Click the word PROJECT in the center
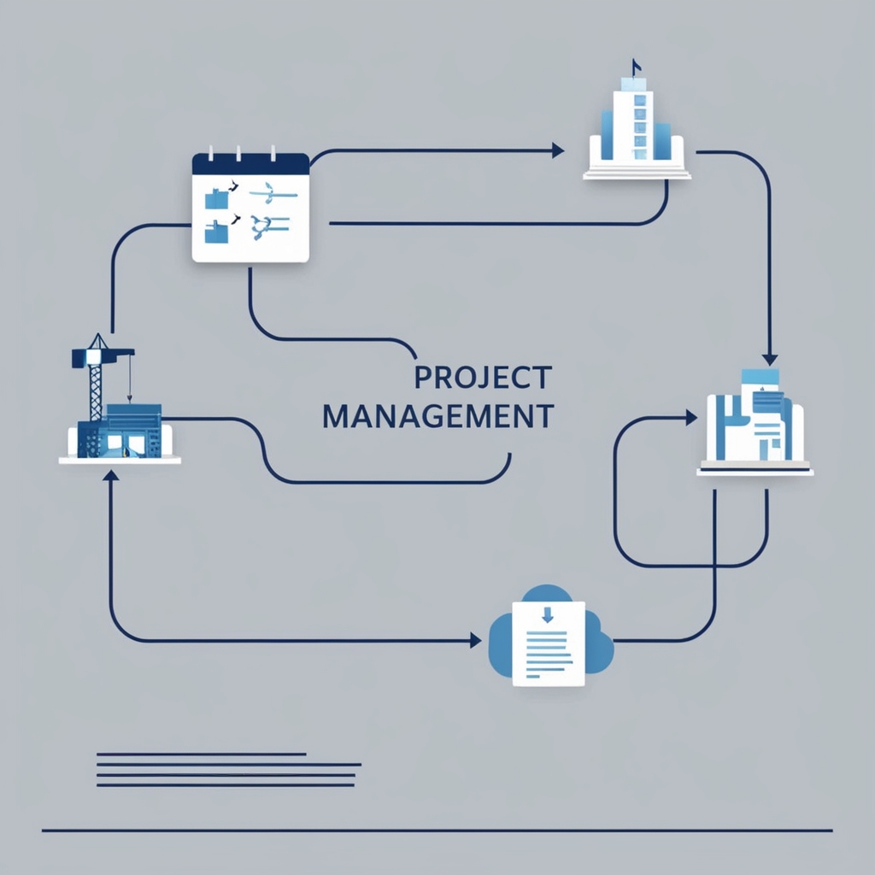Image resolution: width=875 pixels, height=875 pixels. [482, 377]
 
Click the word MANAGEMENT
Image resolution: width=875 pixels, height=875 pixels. [438, 417]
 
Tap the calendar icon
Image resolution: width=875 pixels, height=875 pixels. [250, 208]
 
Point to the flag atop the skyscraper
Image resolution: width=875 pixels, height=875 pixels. [635, 65]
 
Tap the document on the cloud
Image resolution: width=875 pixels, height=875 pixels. [549, 643]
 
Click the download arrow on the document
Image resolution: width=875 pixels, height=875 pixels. [548, 614]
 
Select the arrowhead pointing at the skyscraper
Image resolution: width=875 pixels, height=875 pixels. [558, 151]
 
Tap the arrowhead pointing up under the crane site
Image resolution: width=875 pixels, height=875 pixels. [109, 475]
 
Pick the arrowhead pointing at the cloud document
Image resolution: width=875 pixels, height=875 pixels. [476, 640]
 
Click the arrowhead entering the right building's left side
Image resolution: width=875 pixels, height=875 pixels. [691, 418]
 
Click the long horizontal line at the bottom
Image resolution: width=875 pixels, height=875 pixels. [437, 830]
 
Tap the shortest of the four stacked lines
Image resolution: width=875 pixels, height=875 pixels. [202, 754]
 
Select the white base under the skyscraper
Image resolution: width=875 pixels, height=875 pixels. [637, 173]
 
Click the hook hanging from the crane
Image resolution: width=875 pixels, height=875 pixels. [129, 396]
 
